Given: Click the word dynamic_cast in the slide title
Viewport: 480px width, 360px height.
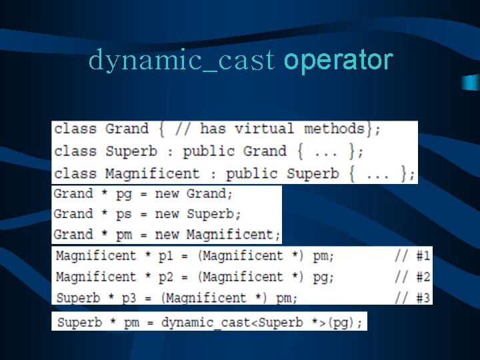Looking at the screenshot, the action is (x=181, y=61).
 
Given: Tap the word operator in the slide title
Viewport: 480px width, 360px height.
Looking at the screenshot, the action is (x=338, y=61).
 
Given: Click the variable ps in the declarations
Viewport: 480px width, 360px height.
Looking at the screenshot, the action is (x=123, y=214).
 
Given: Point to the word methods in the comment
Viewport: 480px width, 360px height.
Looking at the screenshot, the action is (x=334, y=128).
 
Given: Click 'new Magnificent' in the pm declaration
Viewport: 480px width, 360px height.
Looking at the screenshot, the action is (x=214, y=235).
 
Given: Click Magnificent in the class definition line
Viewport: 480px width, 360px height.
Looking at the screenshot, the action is (x=152, y=173).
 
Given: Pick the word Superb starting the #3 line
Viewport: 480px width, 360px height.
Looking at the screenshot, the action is (x=78, y=297).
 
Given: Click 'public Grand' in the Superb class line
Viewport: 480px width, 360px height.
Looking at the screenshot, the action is (x=235, y=151).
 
